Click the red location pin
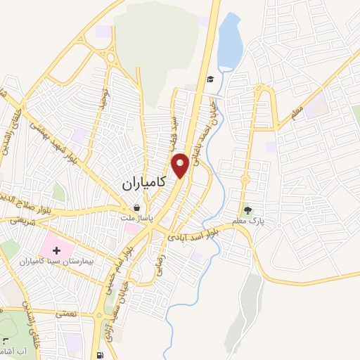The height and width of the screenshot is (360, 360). pos(181,165)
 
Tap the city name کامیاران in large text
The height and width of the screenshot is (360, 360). pos(141,184)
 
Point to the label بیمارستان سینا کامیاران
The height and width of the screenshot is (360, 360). pos(62,261)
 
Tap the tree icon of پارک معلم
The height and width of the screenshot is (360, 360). pos(247,210)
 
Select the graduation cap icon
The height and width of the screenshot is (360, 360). pos(210,79)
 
